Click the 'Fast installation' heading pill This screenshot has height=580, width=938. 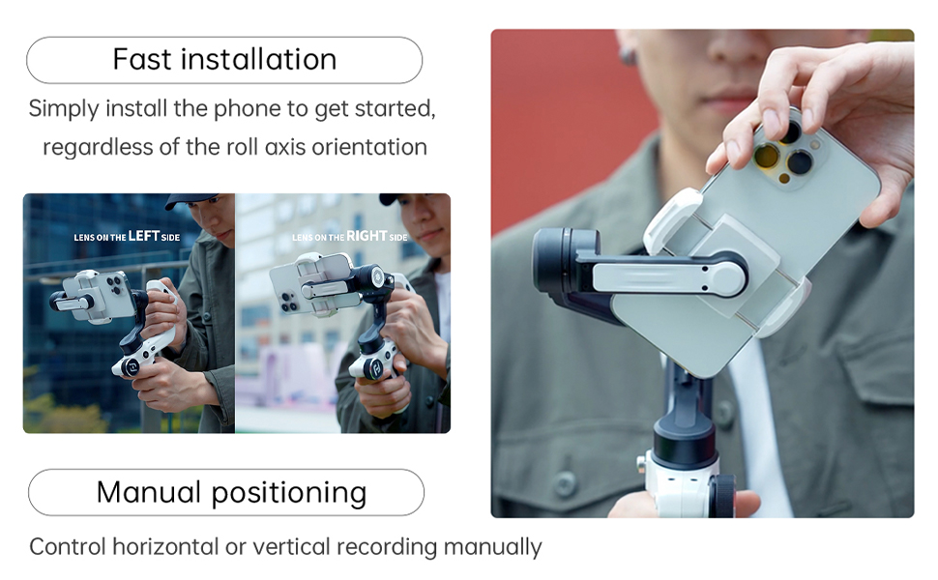224,60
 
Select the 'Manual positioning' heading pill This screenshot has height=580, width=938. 226,492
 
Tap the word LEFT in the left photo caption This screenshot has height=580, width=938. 144,236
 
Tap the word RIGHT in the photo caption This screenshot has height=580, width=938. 366,236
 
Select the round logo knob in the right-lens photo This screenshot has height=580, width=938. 368,368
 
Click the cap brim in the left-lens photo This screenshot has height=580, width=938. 184,201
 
